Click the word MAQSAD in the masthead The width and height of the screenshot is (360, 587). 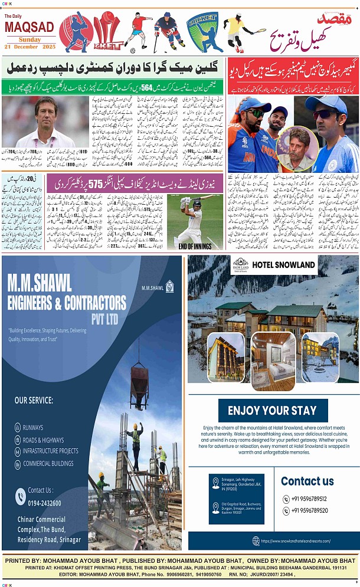click(x=29, y=27)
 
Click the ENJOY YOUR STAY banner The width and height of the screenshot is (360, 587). click(x=272, y=411)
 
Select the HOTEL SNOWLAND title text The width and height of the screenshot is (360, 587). click(x=283, y=265)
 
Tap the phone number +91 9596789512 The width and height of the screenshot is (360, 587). click(x=308, y=499)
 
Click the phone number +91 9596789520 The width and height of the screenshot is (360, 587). click(x=308, y=511)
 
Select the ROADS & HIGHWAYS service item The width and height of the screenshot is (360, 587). click(x=43, y=440)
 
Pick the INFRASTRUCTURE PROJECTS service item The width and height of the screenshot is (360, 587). click(x=50, y=451)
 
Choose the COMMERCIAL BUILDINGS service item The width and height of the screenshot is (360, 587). click(x=48, y=464)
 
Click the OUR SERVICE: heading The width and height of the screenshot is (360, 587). click(x=34, y=401)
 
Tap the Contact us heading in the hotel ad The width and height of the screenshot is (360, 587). click(x=307, y=481)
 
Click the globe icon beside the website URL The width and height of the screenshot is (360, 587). click(x=256, y=540)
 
